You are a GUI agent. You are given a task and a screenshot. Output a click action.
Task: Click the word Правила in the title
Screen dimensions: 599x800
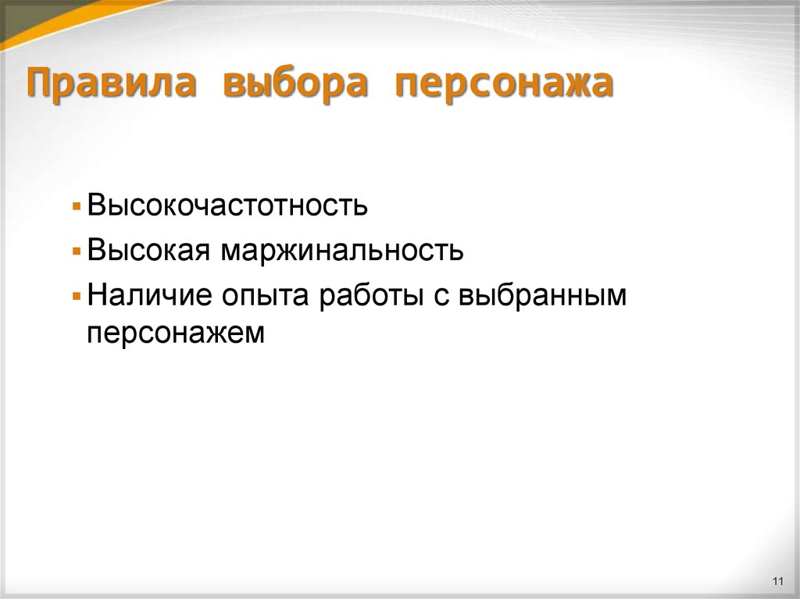[x=112, y=84]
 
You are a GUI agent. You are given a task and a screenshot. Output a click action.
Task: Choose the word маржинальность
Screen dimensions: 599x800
[x=341, y=251]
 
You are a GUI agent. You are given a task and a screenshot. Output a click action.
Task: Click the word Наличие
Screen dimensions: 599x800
[x=151, y=296]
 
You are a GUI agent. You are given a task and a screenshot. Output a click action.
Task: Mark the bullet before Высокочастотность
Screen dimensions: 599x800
[x=76, y=208]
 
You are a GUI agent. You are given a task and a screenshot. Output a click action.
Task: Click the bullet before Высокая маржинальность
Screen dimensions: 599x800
[x=76, y=253]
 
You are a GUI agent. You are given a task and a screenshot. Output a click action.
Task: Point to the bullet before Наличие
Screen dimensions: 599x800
[x=76, y=298]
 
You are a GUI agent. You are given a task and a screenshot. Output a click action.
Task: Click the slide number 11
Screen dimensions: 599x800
[x=777, y=580]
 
